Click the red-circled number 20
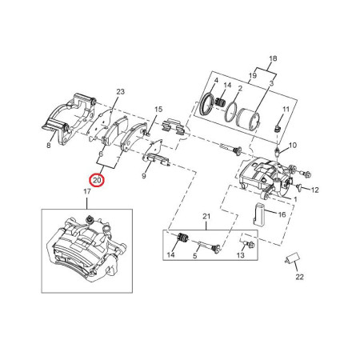(x=97, y=180)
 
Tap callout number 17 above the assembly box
(x=87, y=191)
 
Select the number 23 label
(x=120, y=92)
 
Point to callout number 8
(x=49, y=146)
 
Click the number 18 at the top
(x=273, y=58)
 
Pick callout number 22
(x=299, y=277)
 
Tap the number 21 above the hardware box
(x=206, y=217)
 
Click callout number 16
(x=282, y=214)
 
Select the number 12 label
(x=315, y=190)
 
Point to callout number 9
(x=144, y=176)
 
